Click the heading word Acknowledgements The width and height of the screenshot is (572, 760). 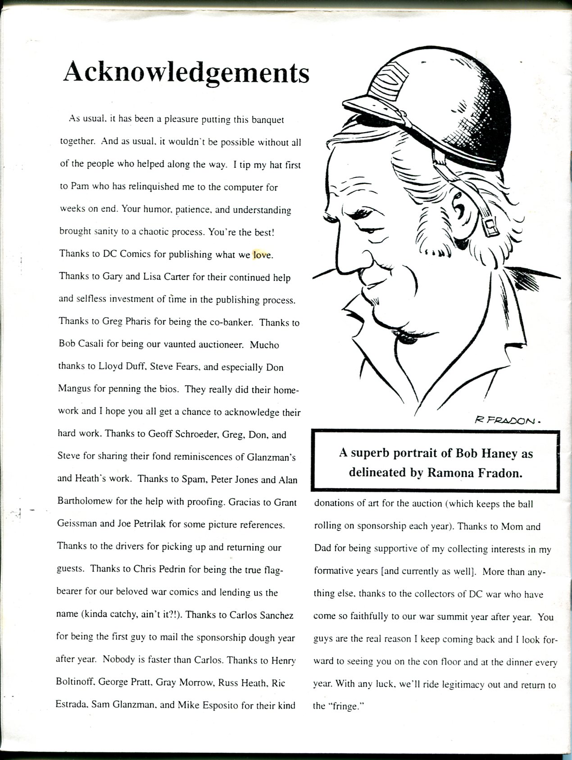point(186,73)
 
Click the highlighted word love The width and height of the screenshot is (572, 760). point(262,255)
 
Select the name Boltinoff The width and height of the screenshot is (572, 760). point(75,683)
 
